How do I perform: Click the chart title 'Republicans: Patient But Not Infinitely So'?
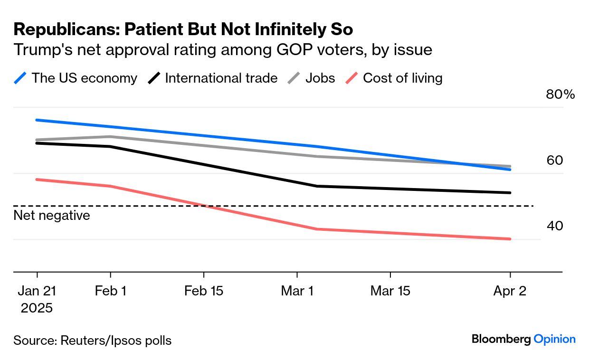(183, 29)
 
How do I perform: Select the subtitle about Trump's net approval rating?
(223, 49)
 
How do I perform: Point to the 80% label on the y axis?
(560, 95)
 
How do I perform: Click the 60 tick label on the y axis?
(555, 161)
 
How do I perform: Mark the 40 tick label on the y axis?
(555, 226)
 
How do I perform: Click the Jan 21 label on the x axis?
(37, 291)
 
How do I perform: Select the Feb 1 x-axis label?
(111, 291)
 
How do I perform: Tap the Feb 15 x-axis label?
(204, 291)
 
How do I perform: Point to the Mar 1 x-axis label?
(297, 291)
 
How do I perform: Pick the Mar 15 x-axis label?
(390, 291)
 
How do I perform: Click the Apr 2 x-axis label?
(510, 291)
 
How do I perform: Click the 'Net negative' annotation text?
(52, 216)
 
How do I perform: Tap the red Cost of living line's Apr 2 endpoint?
(510, 239)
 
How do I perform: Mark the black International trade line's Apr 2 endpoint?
(510, 193)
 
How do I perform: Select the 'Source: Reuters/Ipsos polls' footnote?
(93, 341)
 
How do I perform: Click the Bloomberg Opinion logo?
(523, 339)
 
